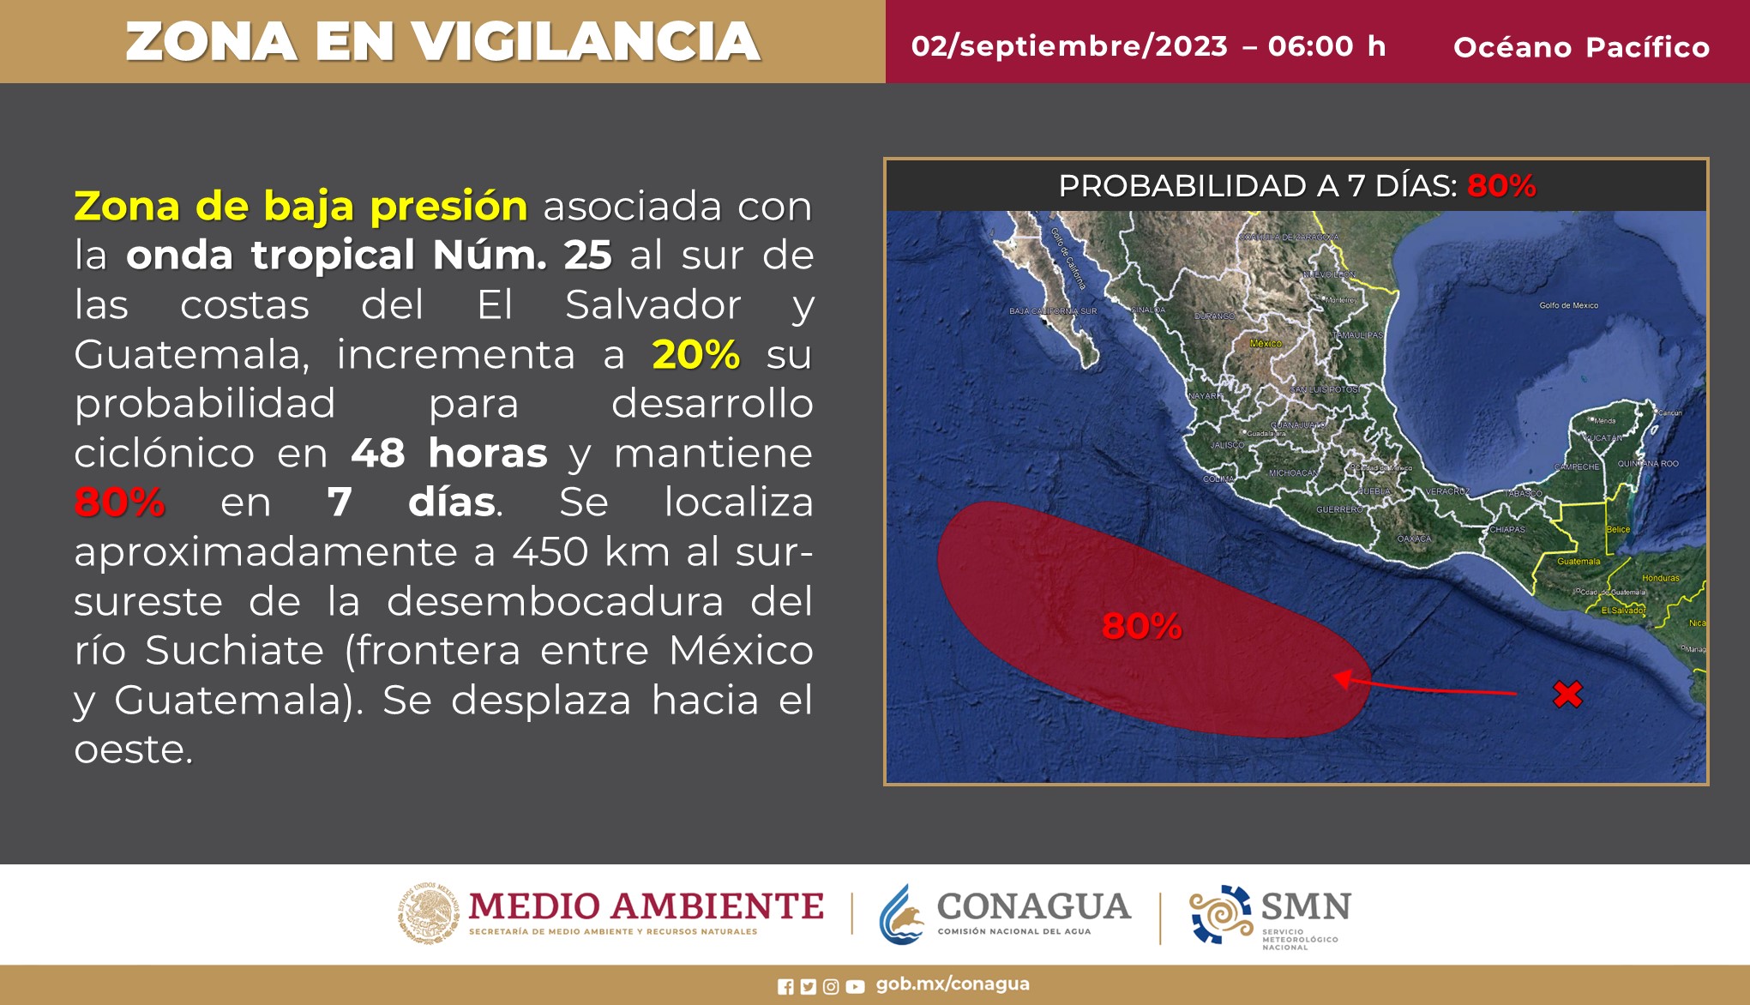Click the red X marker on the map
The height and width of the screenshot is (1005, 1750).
click(x=1567, y=694)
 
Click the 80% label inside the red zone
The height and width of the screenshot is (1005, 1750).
click(x=1141, y=626)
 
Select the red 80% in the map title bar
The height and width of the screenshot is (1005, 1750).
click(x=1501, y=185)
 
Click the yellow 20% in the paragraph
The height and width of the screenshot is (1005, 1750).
click(x=695, y=355)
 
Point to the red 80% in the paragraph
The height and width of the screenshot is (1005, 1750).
click(x=119, y=502)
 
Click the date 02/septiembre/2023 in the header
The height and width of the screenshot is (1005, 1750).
click(x=1069, y=46)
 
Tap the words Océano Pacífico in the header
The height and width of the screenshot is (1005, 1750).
click(x=1581, y=47)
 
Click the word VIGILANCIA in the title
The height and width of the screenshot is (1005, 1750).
click(x=586, y=42)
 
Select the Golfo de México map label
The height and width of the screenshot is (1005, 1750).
click(x=1568, y=305)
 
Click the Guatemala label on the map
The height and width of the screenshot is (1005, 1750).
click(x=1579, y=562)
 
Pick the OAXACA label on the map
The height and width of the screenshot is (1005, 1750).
click(x=1414, y=539)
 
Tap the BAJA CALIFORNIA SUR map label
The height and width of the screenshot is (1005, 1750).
click(x=1053, y=311)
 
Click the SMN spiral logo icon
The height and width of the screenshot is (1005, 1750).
click(x=1220, y=914)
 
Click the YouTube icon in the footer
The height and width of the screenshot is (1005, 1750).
click(x=855, y=987)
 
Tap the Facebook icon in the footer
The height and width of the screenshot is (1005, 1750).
click(x=785, y=987)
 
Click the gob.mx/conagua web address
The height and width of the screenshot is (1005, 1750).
click(x=953, y=984)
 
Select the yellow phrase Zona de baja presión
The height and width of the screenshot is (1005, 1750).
click(x=300, y=207)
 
